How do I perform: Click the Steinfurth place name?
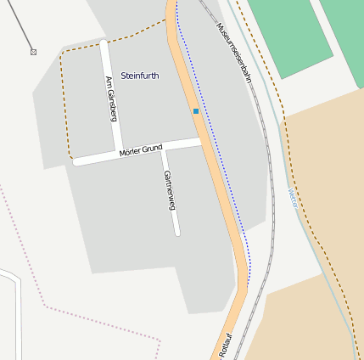140,76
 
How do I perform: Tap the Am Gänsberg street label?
110,99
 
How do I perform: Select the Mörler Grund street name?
140,150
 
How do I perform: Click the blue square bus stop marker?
196,111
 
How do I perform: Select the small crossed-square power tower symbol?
33,52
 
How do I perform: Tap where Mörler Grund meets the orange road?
202,141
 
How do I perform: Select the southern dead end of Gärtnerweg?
176,232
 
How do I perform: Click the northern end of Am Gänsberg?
104,42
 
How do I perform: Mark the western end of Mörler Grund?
76,160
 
